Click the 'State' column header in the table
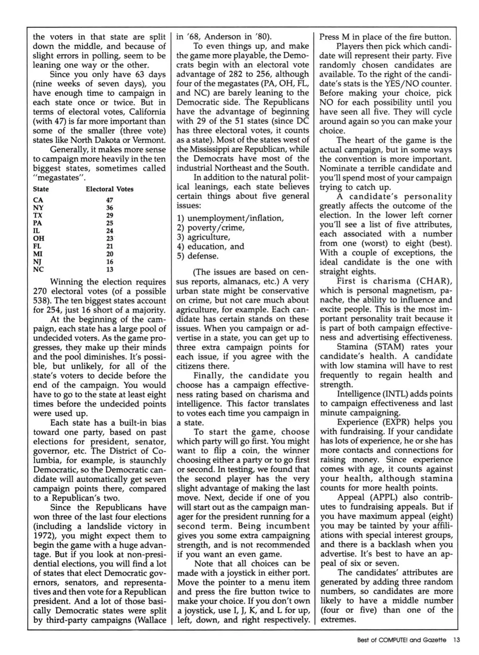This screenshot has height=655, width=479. [41, 189]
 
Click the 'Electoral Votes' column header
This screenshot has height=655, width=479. [110, 189]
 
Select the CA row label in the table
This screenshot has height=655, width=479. [38, 200]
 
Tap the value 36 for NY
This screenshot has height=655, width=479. [110, 208]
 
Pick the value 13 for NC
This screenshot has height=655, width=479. [110, 269]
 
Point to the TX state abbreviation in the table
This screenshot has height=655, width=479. [38, 215]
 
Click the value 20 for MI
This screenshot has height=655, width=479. [110, 254]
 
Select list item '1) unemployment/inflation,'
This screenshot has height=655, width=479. [231, 218]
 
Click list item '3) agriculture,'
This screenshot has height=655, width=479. [204, 237]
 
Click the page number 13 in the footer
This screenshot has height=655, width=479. [457, 640]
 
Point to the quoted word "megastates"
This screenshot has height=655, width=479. [58, 178]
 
